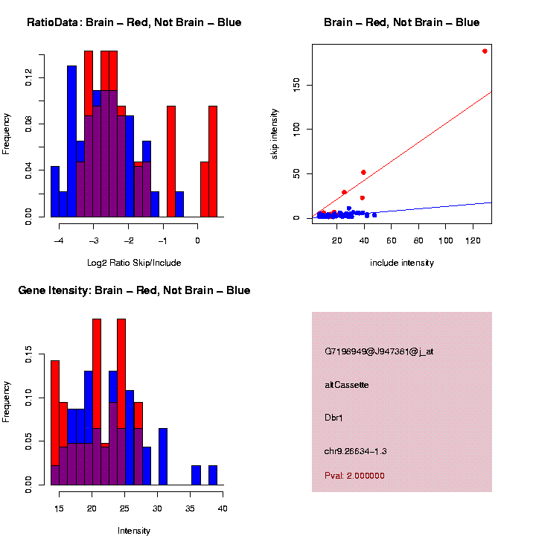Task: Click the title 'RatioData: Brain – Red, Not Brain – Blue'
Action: (x=134, y=22)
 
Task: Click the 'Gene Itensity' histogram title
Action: (x=134, y=290)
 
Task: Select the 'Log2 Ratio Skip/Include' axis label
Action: (x=134, y=263)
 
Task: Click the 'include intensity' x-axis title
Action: (x=402, y=263)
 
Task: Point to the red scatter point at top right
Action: (x=485, y=51)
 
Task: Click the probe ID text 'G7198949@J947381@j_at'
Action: (x=379, y=351)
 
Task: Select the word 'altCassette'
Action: (x=347, y=385)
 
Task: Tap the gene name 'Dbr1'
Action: (x=334, y=418)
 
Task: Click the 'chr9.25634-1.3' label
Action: (x=356, y=451)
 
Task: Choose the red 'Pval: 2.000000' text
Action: (x=355, y=476)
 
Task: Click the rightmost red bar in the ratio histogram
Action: (x=213, y=161)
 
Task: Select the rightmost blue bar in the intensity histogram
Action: (x=213, y=475)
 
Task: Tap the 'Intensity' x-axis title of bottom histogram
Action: (x=134, y=531)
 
